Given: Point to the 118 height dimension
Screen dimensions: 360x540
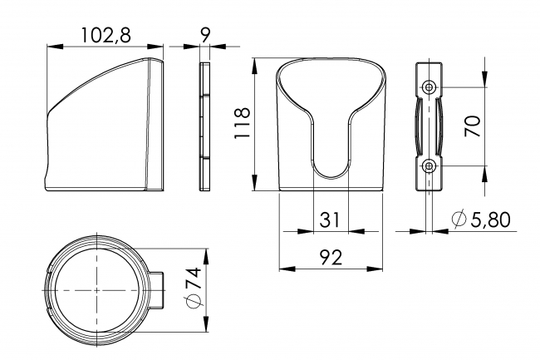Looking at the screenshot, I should [x=242, y=125].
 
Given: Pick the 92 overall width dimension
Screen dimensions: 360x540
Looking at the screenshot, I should [x=331, y=257].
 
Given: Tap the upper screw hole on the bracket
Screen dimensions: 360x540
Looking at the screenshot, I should [x=429, y=86].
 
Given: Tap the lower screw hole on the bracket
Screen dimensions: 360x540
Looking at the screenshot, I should [x=429, y=166].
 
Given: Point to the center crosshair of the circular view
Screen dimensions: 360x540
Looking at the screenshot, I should [x=97, y=288].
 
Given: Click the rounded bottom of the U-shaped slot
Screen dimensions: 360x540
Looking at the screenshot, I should [x=331, y=175].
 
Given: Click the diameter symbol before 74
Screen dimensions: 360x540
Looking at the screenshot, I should [x=193, y=302].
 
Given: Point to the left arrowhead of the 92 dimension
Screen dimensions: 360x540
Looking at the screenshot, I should [x=282, y=268].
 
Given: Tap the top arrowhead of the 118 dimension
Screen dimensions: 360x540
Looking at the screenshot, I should [x=253, y=62].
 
